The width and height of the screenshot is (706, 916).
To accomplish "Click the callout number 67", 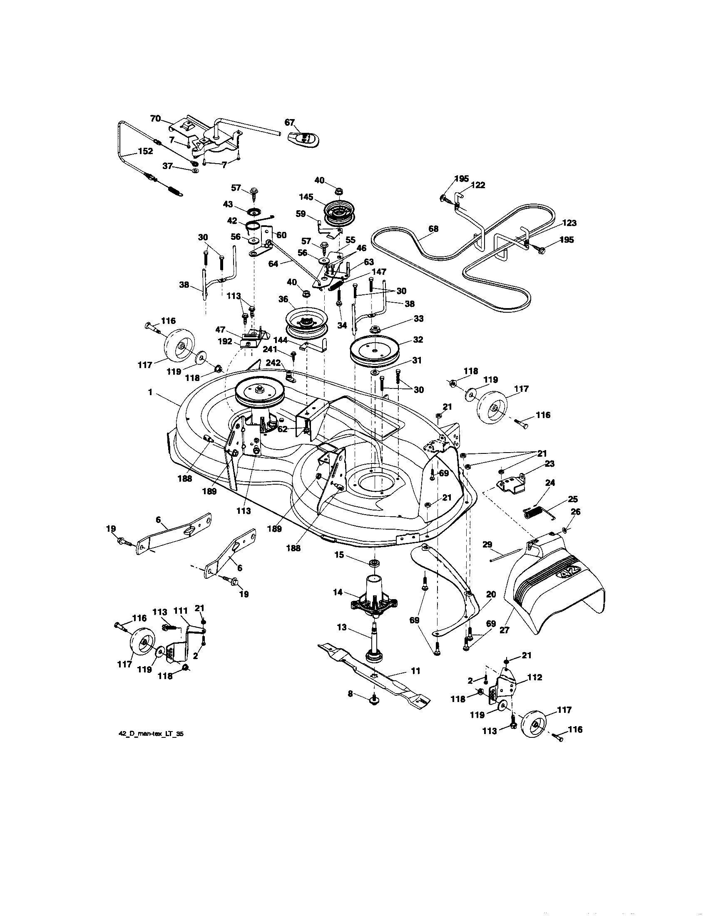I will click(289, 122).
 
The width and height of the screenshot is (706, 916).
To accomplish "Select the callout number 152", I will click(145, 152).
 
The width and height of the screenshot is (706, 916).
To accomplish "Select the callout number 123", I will click(570, 223).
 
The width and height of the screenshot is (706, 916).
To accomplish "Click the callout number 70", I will click(156, 119).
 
